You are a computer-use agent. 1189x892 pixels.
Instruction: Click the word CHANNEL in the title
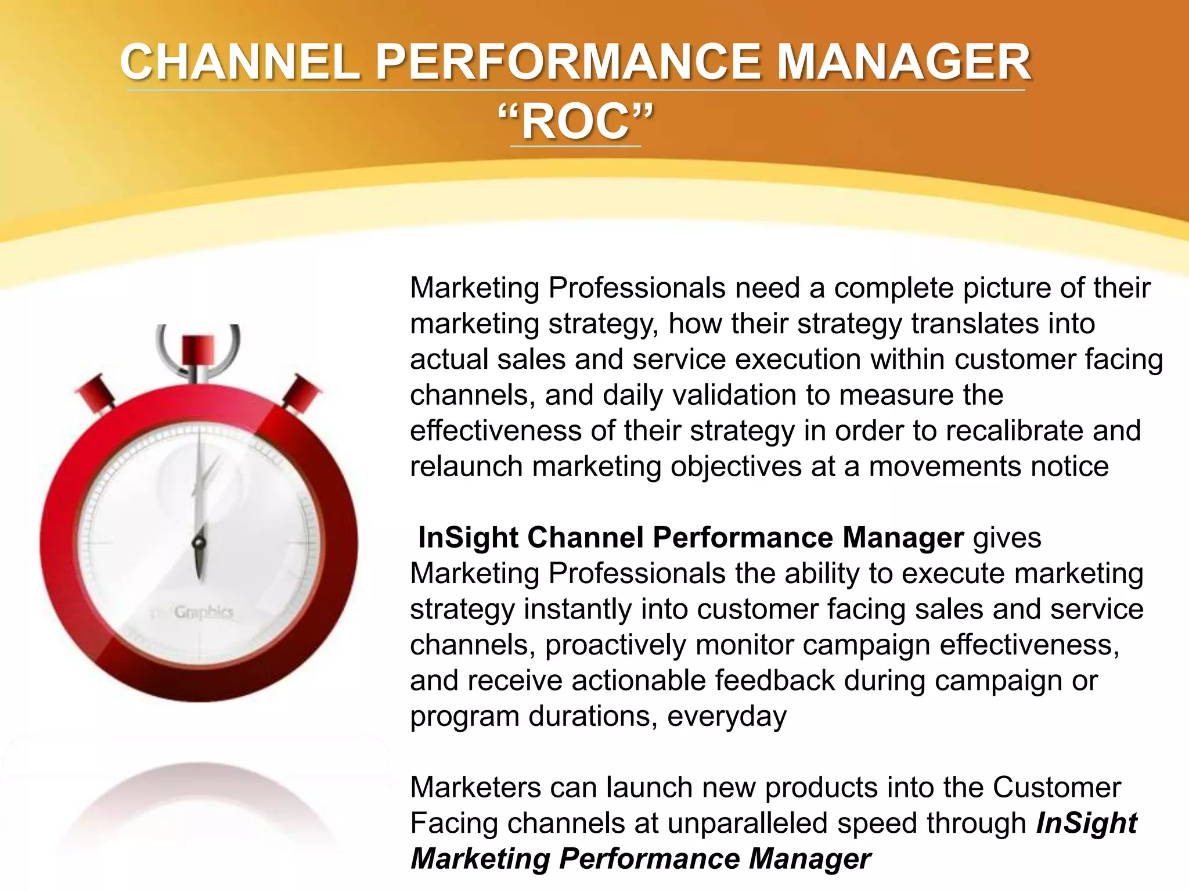click(x=239, y=63)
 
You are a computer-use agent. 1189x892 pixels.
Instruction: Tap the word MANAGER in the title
click(x=903, y=63)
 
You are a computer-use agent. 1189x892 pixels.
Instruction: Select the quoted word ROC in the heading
click(x=575, y=123)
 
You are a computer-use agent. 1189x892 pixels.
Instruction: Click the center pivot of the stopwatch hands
click(x=199, y=544)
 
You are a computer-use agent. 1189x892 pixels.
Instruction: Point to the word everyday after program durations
click(x=726, y=717)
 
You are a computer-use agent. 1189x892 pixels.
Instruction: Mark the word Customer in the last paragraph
click(x=1057, y=788)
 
